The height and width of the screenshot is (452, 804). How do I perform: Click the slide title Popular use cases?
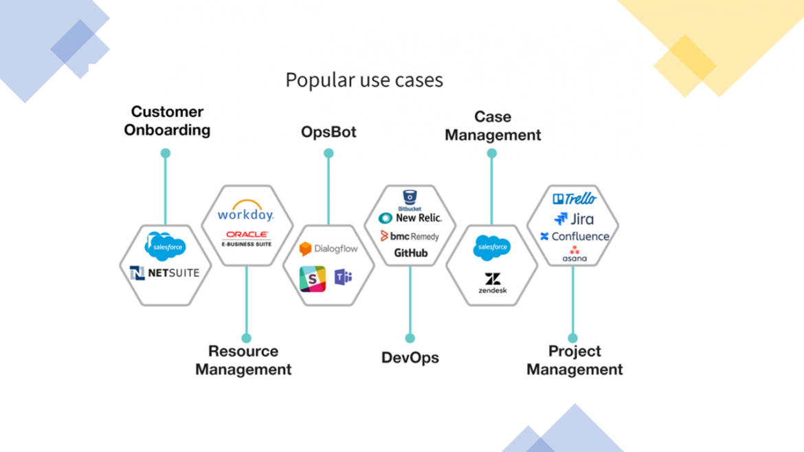(364, 80)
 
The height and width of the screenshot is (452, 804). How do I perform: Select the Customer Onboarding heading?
(167, 121)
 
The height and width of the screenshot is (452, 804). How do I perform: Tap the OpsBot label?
(328, 132)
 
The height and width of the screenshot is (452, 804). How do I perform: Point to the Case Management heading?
(493, 126)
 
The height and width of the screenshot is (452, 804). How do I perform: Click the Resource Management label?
(243, 361)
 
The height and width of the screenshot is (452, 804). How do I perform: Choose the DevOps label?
(410, 358)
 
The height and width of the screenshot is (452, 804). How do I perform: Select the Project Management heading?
(574, 361)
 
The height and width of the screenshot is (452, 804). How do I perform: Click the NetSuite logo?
(165, 273)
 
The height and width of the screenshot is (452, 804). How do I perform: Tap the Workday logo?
(245, 211)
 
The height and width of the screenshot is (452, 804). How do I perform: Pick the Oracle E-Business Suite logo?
(247, 238)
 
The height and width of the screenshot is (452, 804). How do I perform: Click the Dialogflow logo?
(328, 249)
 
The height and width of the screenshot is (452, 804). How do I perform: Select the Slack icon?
(313, 278)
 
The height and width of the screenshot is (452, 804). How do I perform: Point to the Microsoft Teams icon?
(343, 278)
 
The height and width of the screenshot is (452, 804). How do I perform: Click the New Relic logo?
(410, 218)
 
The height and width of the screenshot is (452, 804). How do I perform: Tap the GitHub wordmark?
(411, 253)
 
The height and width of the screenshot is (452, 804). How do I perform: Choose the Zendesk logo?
(493, 283)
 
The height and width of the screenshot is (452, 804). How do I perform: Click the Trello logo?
(574, 199)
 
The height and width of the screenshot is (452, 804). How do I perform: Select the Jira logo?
(574, 219)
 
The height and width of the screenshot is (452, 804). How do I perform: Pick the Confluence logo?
(574, 236)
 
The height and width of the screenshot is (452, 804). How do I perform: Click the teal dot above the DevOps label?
(410, 338)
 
